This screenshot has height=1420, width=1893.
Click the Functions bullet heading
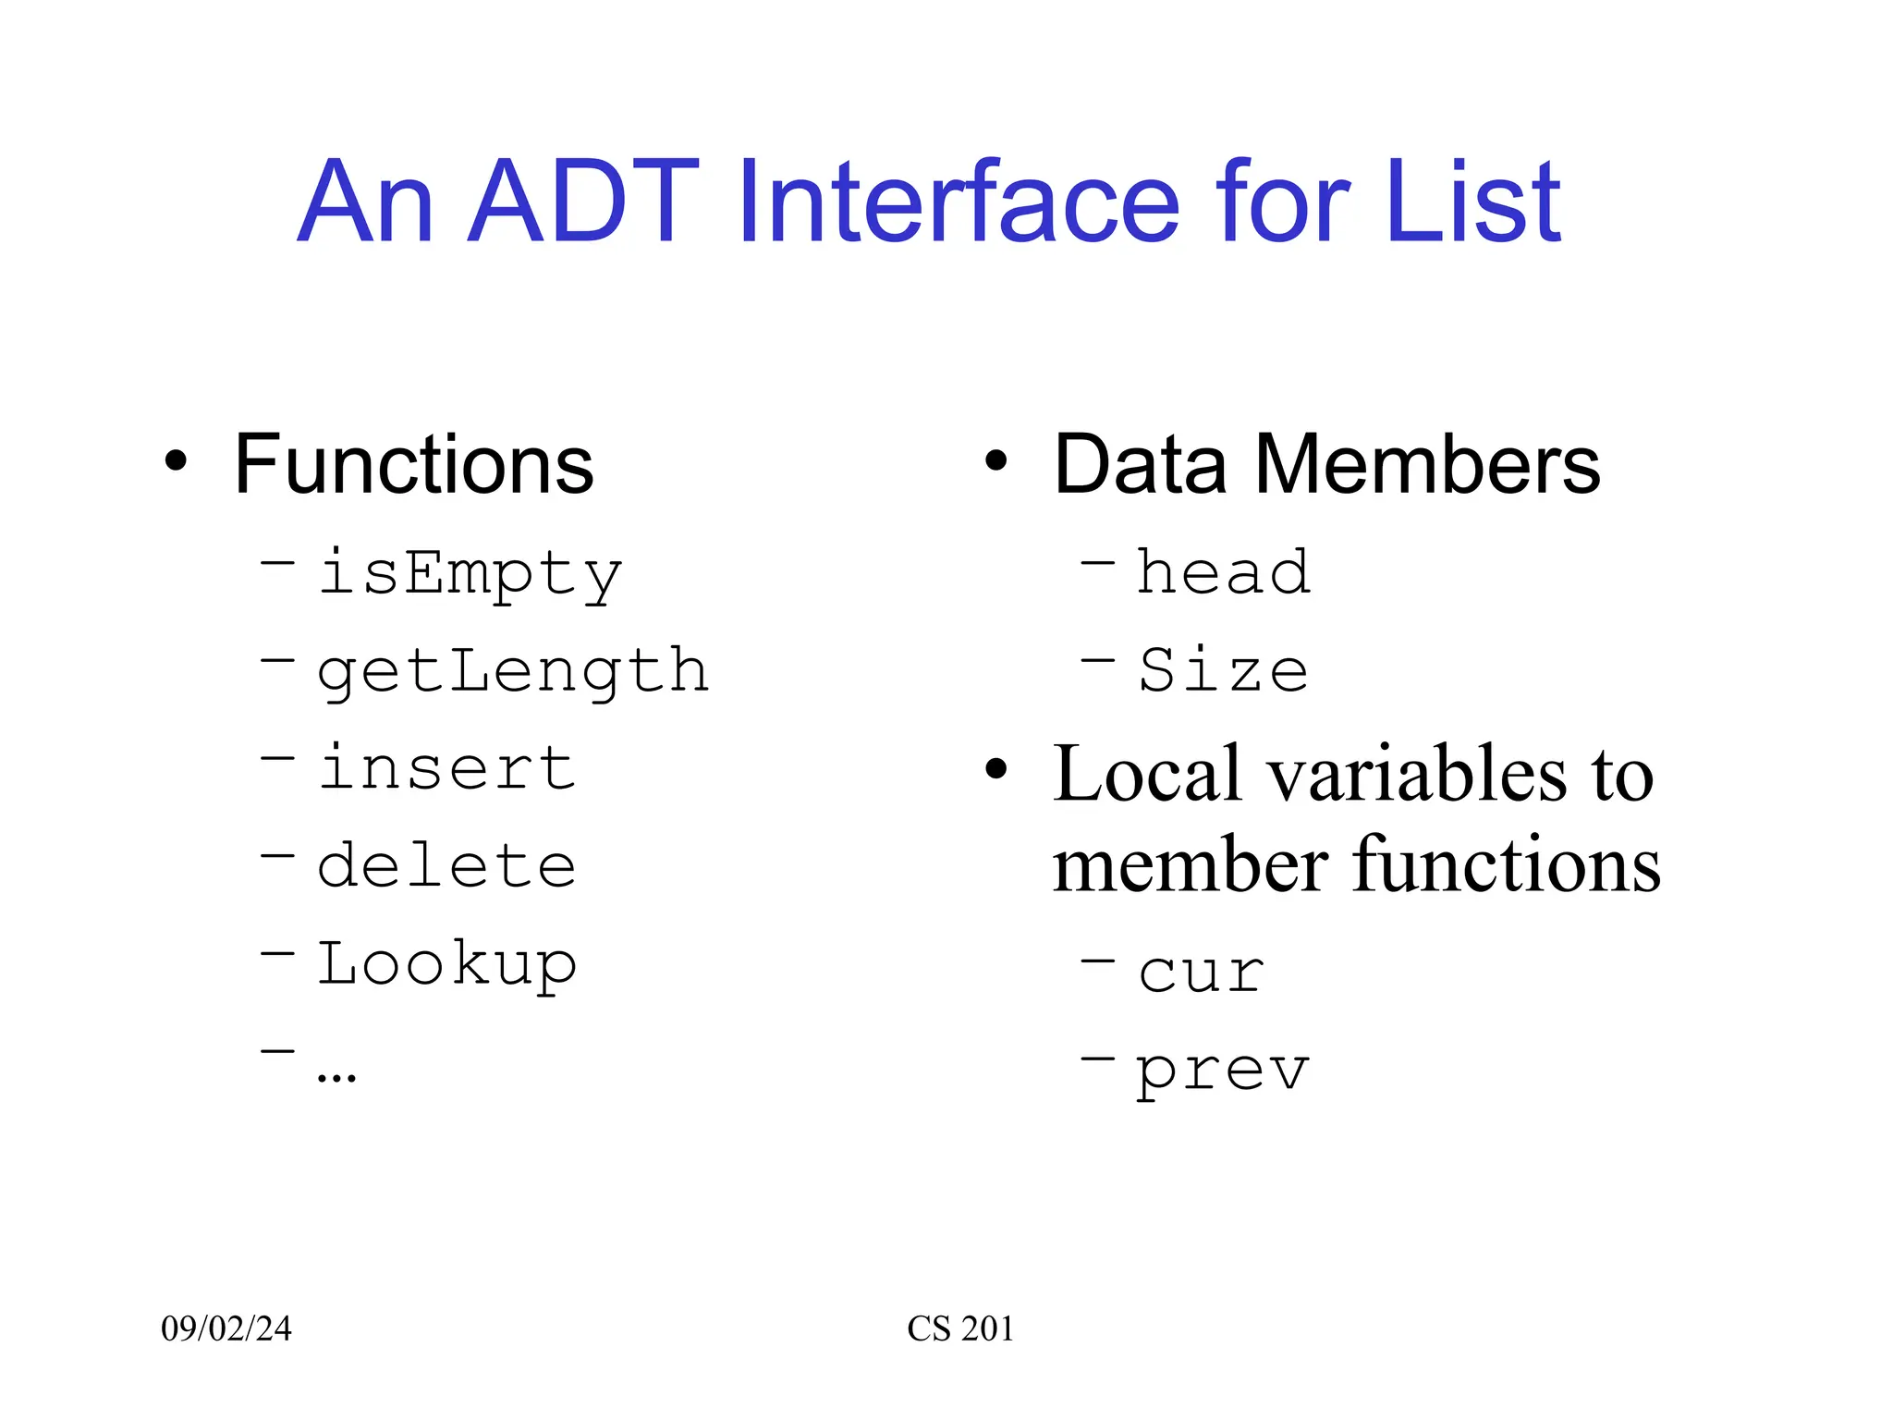413,465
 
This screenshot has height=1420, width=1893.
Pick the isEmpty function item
470,573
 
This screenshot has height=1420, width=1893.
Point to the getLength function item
513,671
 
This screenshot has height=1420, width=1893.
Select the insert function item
446,768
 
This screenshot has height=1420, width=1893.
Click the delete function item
446,866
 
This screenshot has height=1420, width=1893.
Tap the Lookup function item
446,964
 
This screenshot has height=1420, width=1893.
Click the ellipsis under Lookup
336,1074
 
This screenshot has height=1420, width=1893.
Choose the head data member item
1222,573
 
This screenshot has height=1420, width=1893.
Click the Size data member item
1222,671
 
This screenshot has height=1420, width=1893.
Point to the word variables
1416,775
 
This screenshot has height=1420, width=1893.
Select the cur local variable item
1201,973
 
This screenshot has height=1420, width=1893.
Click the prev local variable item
1222,1071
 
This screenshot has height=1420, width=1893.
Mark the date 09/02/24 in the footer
226,1328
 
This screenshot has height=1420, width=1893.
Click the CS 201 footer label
960,1328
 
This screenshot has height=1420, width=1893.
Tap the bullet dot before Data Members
995,460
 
